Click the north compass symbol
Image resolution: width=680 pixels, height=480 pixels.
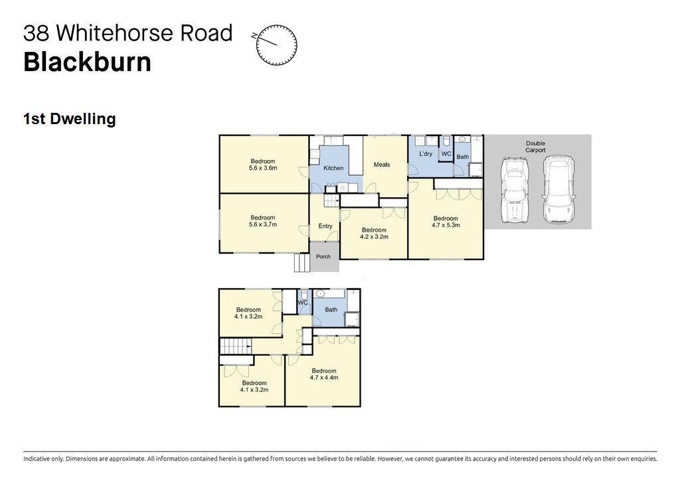click(x=276, y=44)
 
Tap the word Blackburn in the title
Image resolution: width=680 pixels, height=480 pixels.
click(x=87, y=62)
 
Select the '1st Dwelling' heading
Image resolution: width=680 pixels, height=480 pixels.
click(x=69, y=119)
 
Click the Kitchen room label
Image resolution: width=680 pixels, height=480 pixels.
click(x=333, y=168)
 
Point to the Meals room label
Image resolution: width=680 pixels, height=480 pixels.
click(x=382, y=165)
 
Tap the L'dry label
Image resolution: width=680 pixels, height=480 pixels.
click(x=426, y=153)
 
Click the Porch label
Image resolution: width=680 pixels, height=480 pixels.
click(x=323, y=256)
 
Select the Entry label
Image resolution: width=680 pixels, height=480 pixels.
click(x=325, y=226)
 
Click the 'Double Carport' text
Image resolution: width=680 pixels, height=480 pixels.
click(x=536, y=147)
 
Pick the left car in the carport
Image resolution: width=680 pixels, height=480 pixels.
click(x=515, y=191)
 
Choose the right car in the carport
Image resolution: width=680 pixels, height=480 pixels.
click(x=559, y=189)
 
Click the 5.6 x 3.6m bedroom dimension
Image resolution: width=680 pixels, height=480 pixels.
click(x=263, y=168)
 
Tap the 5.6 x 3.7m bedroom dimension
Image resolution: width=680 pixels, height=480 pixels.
click(x=263, y=224)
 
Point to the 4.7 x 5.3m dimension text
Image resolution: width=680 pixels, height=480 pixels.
click(x=446, y=225)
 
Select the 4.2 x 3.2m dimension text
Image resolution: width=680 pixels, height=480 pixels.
click(x=374, y=237)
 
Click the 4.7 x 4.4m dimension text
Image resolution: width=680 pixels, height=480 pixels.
click(x=324, y=377)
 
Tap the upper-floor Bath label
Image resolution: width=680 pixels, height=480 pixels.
click(x=331, y=309)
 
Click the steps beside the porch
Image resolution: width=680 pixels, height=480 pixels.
click(x=302, y=263)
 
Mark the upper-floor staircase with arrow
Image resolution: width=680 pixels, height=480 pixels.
click(x=236, y=346)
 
